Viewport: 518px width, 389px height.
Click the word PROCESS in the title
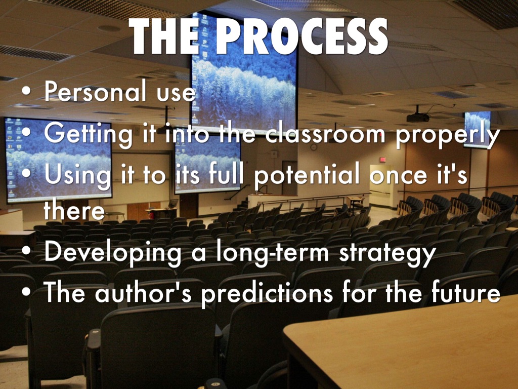click(302, 36)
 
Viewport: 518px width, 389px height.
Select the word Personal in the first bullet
click(95, 91)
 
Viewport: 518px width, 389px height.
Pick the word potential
click(307, 175)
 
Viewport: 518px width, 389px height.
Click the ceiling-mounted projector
click(418, 117)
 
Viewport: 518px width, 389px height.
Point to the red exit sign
click(382, 160)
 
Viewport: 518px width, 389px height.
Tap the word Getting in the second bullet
click(88, 135)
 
